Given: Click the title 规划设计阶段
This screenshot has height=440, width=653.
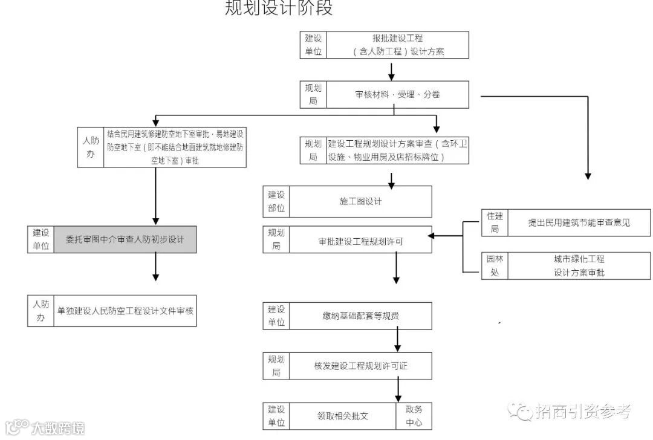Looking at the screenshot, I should tap(279, 8).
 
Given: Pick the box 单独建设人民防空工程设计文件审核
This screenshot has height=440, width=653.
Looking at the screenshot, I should tap(125, 311).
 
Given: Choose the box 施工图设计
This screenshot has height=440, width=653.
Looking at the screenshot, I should tap(360, 201).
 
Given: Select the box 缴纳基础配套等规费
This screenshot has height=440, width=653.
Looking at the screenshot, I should tap(360, 315).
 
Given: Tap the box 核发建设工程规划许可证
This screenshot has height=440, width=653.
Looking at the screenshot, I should tap(360, 366).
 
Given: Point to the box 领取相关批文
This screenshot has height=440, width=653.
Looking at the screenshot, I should tap(343, 416).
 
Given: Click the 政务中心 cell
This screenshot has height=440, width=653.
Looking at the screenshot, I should tap(414, 416).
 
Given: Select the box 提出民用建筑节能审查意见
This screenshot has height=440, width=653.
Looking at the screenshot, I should tap(579, 222).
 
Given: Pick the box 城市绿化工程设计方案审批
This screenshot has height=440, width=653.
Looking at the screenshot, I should tap(579, 265).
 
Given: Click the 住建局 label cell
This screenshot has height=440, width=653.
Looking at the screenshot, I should tap(495, 222).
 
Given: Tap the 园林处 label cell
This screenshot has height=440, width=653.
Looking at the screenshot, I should tap(495, 265).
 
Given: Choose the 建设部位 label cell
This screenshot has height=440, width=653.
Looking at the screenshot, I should tap(276, 201).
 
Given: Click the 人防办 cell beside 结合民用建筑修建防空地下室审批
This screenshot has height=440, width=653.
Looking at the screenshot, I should tap(91, 147).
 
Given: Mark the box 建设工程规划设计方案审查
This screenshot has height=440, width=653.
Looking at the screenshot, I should tap(397, 150).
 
